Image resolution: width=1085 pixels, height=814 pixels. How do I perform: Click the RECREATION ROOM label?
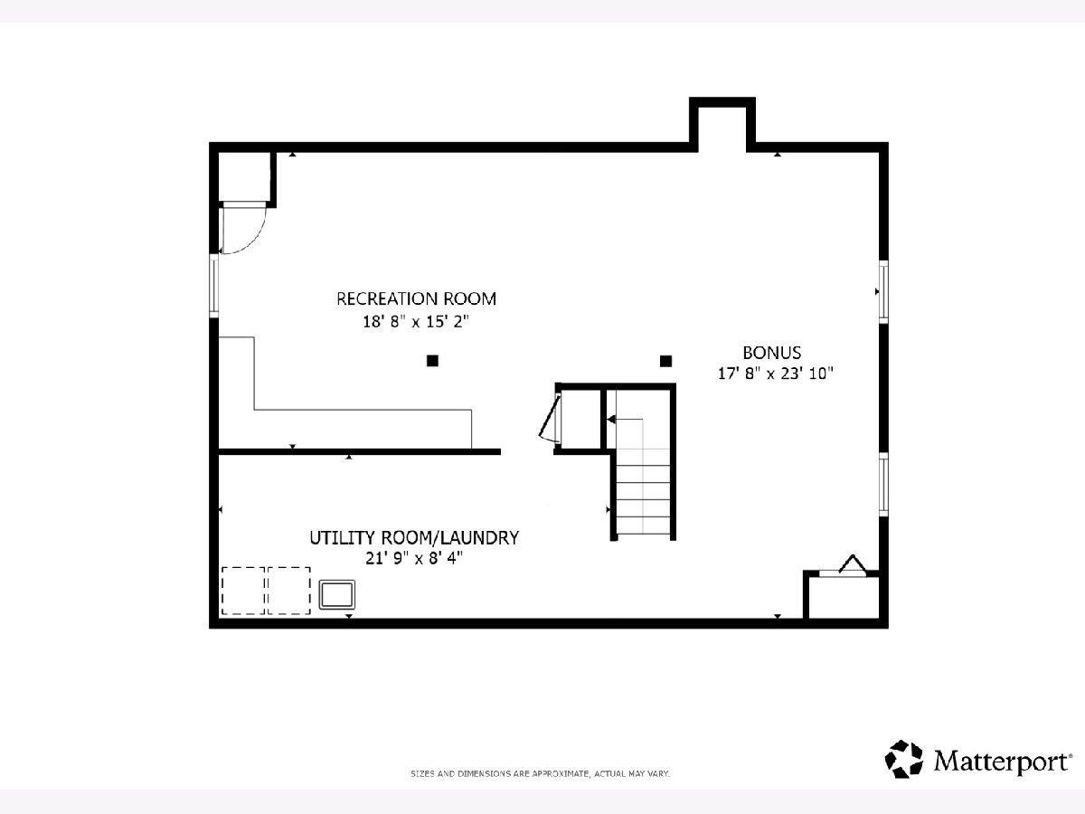pyautogui.click(x=416, y=299)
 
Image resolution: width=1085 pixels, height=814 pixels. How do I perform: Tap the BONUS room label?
pyautogui.click(x=771, y=353)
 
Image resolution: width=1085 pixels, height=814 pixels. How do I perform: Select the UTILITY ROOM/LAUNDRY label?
pyautogui.click(x=414, y=538)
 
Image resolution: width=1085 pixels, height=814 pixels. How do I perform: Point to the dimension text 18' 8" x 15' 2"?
pyautogui.click(x=416, y=322)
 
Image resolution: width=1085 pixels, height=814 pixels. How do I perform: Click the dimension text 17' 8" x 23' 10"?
pyautogui.click(x=775, y=374)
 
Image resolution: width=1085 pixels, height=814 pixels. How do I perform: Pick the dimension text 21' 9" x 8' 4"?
pyautogui.click(x=414, y=558)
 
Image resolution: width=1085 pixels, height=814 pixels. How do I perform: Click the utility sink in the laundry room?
pyautogui.click(x=336, y=594)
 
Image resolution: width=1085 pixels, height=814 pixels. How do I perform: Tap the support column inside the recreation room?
pyautogui.click(x=432, y=361)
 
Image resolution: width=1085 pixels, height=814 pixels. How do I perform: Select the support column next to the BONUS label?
pyautogui.click(x=665, y=361)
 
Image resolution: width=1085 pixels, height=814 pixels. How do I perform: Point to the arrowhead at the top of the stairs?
pyautogui.click(x=611, y=420)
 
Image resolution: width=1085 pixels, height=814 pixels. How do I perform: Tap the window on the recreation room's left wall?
pyautogui.click(x=214, y=286)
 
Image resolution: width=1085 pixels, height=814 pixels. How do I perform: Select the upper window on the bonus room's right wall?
pyautogui.click(x=883, y=291)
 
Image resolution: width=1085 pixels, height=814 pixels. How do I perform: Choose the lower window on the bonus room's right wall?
pyautogui.click(x=883, y=485)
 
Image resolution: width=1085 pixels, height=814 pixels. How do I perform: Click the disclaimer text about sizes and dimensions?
pyautogui.click(x=541, y=774)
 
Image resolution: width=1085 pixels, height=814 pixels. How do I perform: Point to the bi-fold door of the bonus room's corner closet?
pyautogui.click(x=853, y=564)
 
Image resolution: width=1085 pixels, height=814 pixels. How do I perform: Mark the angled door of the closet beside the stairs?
pyautogui.click(x=549, y=418)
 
